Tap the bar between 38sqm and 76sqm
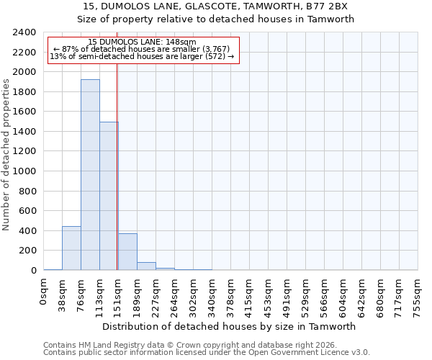71,248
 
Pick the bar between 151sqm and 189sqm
127,252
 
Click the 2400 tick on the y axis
24,33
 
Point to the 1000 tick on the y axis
24,171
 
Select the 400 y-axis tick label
27,231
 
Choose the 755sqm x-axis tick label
418,295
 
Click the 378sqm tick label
231,295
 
